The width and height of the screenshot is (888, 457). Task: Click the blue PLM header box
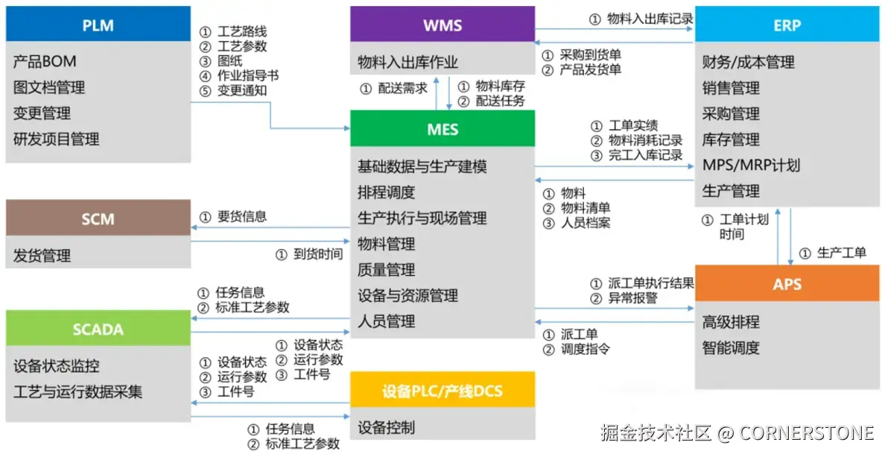click(98, 25)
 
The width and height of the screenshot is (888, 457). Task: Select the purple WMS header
click(443, 25)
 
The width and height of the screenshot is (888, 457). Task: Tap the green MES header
click(443, 129)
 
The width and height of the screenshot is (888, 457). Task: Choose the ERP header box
click(787, 25)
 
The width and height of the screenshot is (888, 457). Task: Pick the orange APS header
click(787, 284)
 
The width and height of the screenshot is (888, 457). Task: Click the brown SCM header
click(98, 218)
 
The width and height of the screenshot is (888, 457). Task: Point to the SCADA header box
click(98, 329)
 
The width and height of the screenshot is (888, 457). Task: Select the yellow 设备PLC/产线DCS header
click(443, 390)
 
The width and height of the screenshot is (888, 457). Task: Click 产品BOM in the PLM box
click(45, 61)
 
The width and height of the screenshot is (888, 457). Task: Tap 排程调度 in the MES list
click(387, 192)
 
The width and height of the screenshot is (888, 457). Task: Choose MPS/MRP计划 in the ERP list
click(751, 165)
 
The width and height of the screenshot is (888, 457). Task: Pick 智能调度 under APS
click(731, 347)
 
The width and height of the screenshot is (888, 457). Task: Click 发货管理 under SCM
click(42, 256)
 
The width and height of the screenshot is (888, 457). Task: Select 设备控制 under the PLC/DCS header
click(387, 427)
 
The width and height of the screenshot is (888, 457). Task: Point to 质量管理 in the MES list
click(387, 269)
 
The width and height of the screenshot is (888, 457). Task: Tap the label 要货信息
click(242, 217)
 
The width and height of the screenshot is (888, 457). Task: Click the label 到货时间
click(317, 254)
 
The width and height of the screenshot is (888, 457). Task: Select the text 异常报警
click(632, 298)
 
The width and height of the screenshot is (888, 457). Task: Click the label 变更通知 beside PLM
click(242, 90)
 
